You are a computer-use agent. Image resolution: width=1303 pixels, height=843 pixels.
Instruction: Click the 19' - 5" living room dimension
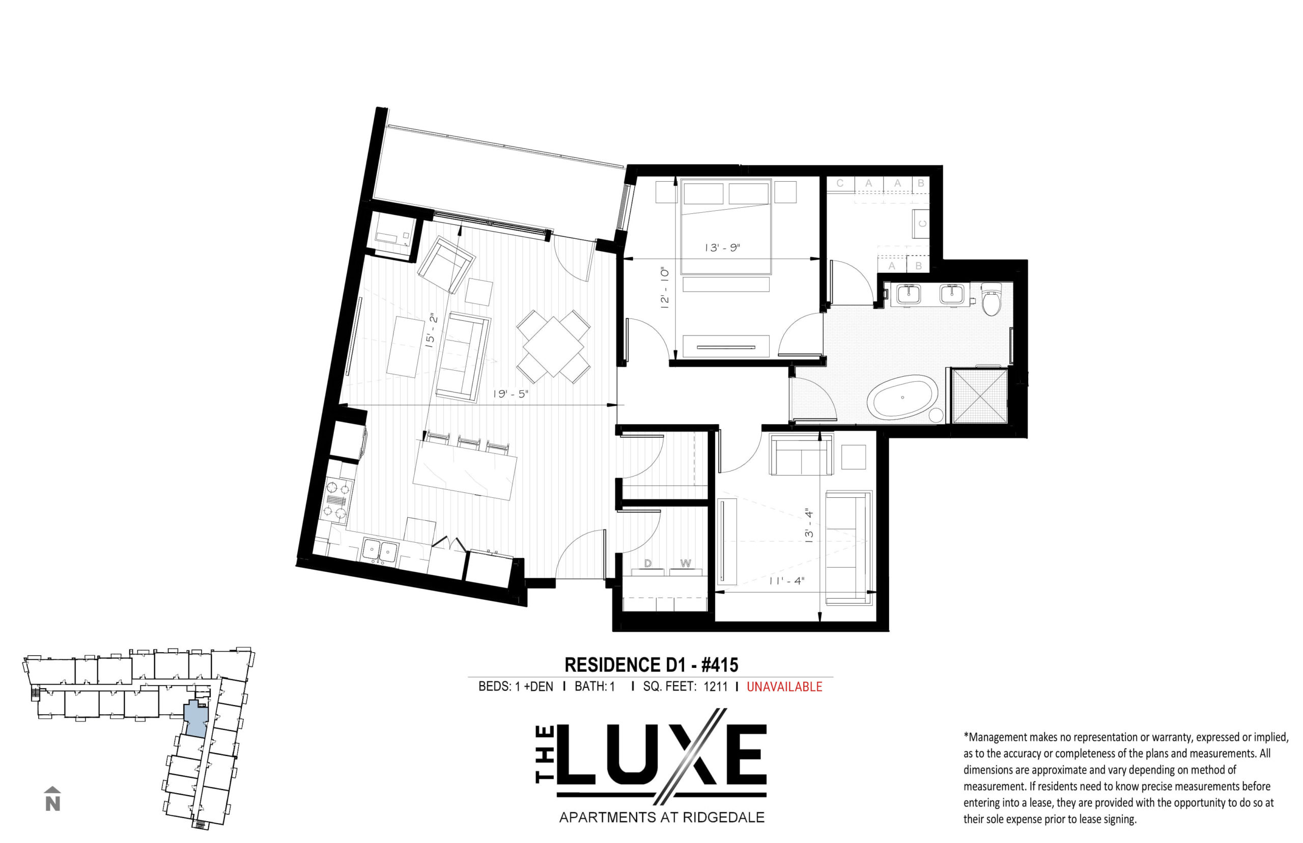[x=510, y=394]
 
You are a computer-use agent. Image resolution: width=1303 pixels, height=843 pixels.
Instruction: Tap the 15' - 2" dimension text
[x=433, y=330]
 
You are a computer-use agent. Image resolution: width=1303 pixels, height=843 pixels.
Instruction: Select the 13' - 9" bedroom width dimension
[x=722, y=247]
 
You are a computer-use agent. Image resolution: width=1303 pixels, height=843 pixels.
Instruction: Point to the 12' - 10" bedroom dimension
[x=665, y=289]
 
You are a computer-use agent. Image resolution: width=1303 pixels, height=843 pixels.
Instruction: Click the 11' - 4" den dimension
[x=786, y=581]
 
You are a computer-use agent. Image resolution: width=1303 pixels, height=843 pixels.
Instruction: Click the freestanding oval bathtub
[x=903, y=398]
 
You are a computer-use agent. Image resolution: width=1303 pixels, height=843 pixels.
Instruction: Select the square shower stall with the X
[x=980, y=395]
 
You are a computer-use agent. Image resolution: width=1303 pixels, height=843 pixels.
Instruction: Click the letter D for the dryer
[x=648, y=564]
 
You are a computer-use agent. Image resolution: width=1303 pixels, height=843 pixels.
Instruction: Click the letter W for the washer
[x=686, y=564]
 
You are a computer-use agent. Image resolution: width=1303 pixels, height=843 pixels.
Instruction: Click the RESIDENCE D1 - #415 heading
[x=651, y=665]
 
